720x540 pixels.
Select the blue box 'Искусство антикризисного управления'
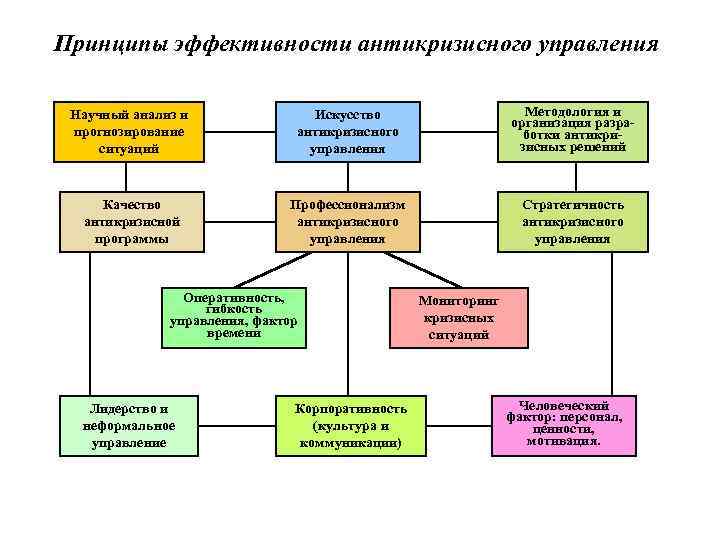pyautogui.click(x=347, y=131)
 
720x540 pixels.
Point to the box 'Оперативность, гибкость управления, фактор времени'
pyautogui.click(x=233, y=318)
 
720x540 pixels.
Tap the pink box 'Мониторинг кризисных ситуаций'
pyautogui.click(x=458, y=318)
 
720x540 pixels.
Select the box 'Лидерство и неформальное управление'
pyautogui.click(x=130, y=424)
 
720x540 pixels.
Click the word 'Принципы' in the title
pyautogui.click(x=107, y=46)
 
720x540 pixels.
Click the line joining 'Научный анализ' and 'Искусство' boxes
pyautogui.click(x=238, y=130)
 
